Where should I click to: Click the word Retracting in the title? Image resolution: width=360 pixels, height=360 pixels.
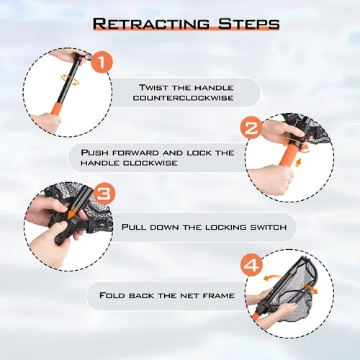pos(151,24)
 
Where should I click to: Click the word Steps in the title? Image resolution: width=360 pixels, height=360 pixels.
pos(248,24)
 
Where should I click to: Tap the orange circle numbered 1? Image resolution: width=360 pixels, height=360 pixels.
pos(102,63)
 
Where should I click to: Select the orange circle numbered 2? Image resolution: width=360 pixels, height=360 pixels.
pos(251,128)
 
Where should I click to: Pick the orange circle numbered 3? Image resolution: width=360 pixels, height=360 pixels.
pos(104,194)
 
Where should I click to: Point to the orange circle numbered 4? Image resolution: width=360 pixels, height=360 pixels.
pos(251,266)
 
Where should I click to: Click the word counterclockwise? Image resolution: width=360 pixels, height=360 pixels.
pos(184,98)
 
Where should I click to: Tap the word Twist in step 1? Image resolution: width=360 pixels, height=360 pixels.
pos(153,87)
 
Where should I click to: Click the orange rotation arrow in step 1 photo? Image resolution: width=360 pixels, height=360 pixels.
pos(70,79)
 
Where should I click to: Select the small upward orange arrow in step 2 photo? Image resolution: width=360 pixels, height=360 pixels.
pos(298,163)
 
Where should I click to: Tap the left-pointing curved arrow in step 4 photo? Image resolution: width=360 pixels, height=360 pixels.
pos(272,277)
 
